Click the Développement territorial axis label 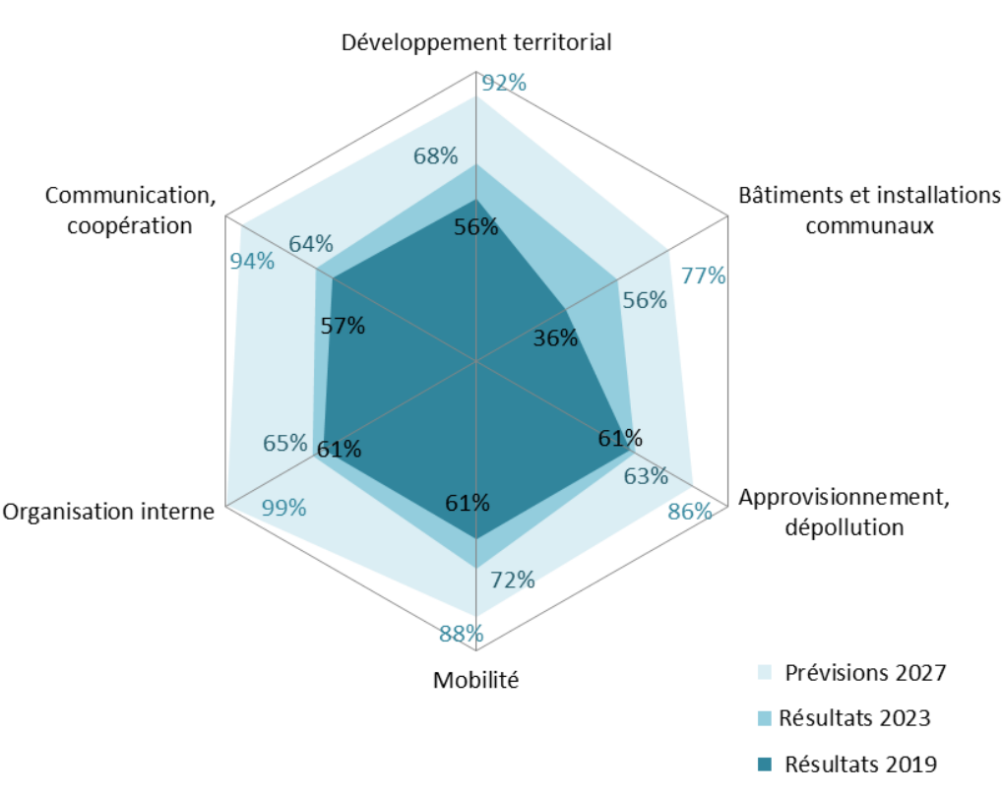[x=476, y=43]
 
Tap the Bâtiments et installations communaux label [x=869, y=211]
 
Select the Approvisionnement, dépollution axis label [x=844, y=512]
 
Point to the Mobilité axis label [x=475, y=680]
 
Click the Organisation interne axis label [x=108, y=512]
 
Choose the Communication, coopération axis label [x=131, y=211]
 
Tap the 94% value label [x=252, y=261]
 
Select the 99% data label [x=284, y=509]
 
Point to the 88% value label [x=461, y=634]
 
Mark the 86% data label [x=689, y=511]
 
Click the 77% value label [x=704, y=276]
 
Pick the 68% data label [x=435, y=155]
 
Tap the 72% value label [x=513, y=581]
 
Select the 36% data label [x=555, y=338]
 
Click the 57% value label [x=343, y=326]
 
